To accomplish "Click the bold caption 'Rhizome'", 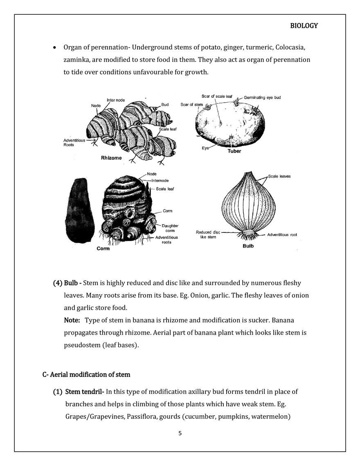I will (111, 157).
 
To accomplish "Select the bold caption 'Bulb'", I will (248, 246).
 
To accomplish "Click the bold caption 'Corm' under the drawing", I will (103, 248).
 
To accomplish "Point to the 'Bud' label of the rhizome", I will (165, 105).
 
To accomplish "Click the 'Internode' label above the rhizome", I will (116, 100).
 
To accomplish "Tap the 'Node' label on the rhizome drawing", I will (95, 106).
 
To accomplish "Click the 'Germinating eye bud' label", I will (262, 98).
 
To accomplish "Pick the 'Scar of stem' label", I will (191, 105).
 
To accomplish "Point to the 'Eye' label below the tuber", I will (205, 148).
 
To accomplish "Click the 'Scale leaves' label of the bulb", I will (280, 177).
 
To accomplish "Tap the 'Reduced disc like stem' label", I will (208, 234).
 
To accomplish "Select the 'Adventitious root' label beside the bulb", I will (282, 235).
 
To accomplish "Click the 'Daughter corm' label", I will (169, 228).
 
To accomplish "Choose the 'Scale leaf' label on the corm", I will (165, 189).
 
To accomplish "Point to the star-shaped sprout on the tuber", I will (255, 110).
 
